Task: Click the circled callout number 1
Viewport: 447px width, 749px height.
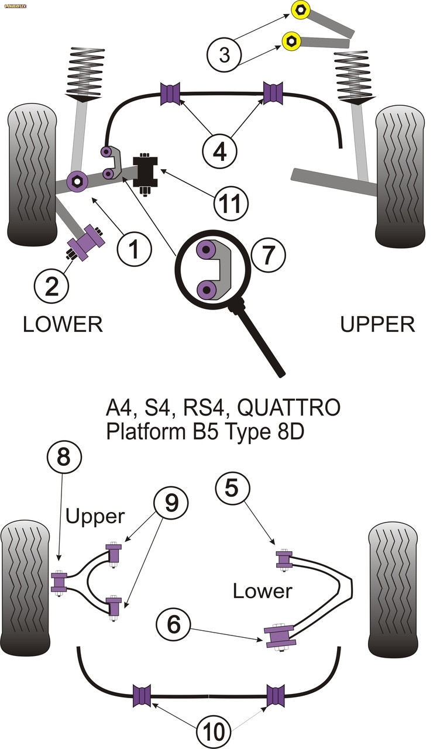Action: tap(134, 250)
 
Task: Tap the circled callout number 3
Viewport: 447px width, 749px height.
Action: tap(223, 56)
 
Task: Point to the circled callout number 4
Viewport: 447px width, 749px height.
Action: tap(219, 152)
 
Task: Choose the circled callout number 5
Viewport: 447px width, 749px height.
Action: tap(232, 489)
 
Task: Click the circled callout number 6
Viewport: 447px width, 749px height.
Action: tap(173, 626)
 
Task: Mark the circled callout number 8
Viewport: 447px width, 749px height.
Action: tap(63, 457)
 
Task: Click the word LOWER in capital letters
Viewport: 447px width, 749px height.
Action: tap(63, 324)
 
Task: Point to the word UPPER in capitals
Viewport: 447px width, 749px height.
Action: tap(377, 324)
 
